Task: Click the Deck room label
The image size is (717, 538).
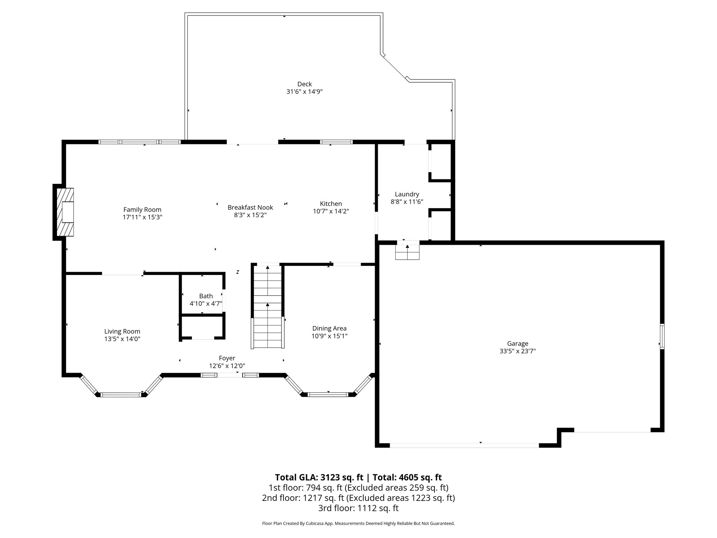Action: click(x=304, y=84)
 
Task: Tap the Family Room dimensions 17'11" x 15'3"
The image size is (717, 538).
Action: click(x=142, y=217)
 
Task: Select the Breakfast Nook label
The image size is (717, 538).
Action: click(x=250, y=207)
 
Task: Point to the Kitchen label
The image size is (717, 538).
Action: click(x=331, y=204)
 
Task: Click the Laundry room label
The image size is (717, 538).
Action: click(x=407, y=194)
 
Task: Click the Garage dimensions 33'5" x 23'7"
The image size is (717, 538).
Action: click(x=517, y=351)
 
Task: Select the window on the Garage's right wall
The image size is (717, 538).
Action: click(x=662, y=337)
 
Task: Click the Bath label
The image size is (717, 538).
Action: click(x=206, y=296)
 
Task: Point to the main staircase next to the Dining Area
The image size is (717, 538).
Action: click(x=267, y=306)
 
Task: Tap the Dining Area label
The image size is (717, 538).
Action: click(x=329, y=328)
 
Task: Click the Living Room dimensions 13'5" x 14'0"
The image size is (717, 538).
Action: click(x=122, y=339)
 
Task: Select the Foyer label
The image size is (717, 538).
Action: click(x=227, y=358)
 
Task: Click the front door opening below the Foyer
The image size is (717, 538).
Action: click(x=230, y=375)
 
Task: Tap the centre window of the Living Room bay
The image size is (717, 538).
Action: click(x=121, y=395)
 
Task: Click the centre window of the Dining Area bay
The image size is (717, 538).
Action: click(x=328, y=395)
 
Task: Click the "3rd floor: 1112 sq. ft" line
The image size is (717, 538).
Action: click(x=358, y=508)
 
